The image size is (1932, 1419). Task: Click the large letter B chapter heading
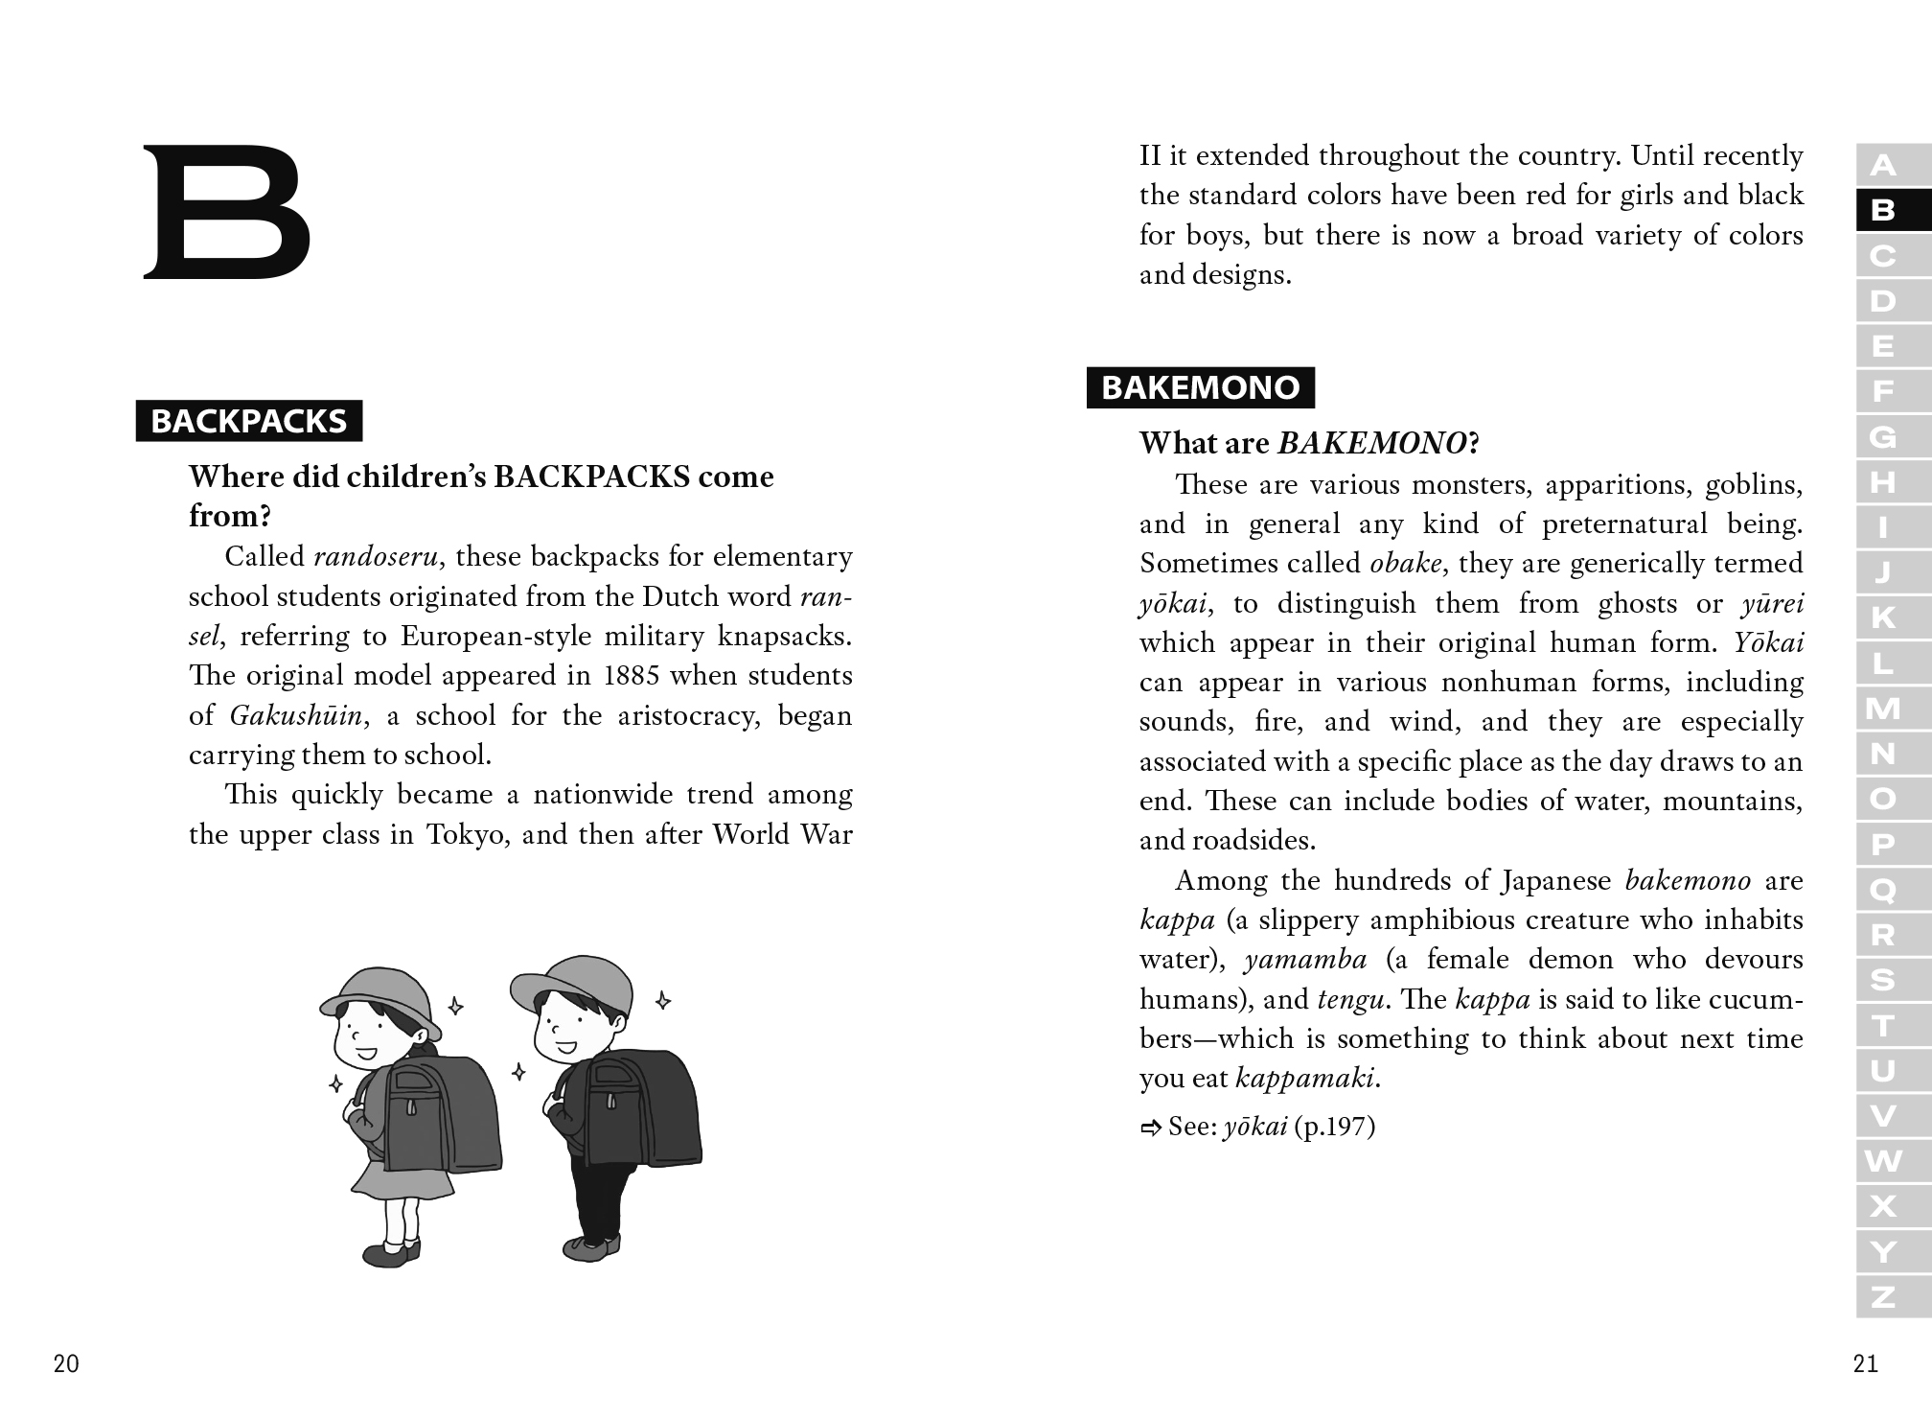click(x=227, y=212)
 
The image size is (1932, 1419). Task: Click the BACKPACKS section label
click(x=249, y=421)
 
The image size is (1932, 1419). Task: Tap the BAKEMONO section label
click(x=1200, y=387)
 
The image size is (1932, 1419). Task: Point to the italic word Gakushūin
click(x=296, y=715)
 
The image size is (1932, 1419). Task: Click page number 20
click(x=66, y=1363)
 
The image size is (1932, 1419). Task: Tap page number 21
click(x=1865, y=1363)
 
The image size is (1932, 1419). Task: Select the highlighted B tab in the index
click(x=1883, y=210)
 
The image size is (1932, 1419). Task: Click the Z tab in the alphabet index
click(x=1883, y=1297)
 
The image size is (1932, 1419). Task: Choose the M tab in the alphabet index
click(x=1883, y=709)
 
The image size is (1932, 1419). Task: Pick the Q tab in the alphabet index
click(x=1883, y=891)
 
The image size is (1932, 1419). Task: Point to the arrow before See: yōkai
click(x=1150, y=1128)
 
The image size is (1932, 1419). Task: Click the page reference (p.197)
click(x=1334, y=1127)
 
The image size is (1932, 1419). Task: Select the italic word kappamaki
click(x=1306, y=1079)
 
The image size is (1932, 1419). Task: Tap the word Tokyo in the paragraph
click(x=464, y=835)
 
